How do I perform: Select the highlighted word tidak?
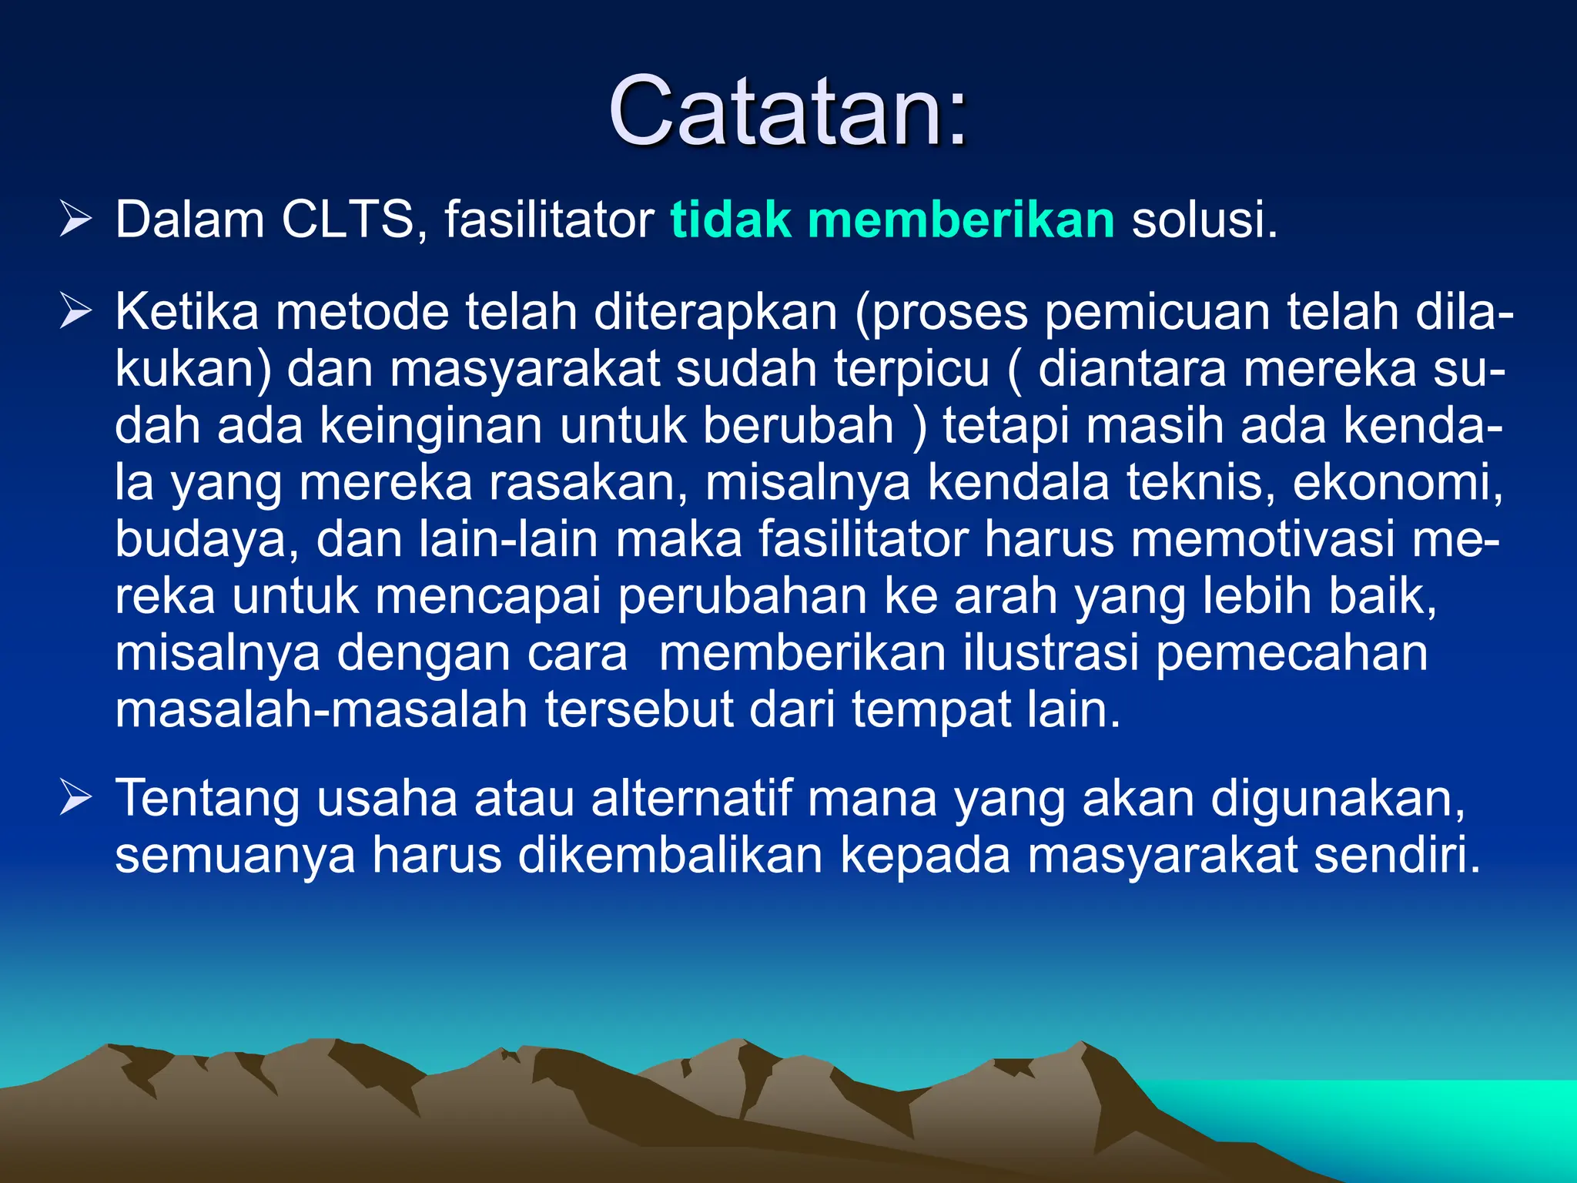coord(730,220)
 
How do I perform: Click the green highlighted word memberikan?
coord(960,220)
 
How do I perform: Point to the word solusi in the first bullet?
coord(1204,220)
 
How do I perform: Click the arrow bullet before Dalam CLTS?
coord(75,220)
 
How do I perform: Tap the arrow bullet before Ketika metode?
coord(75,312)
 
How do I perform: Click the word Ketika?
coord(186,312)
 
